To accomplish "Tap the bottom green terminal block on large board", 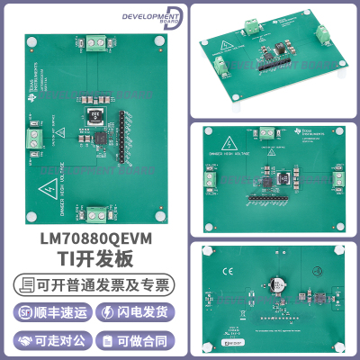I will [x=94, y=214].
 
